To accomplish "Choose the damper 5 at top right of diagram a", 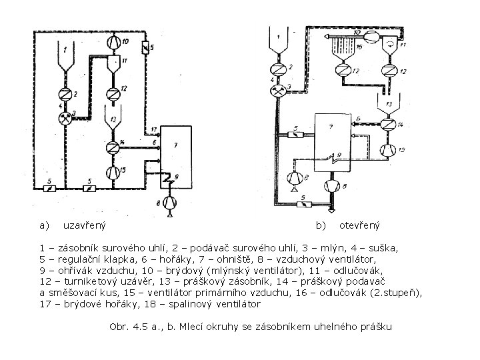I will click(x=145, y=48).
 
